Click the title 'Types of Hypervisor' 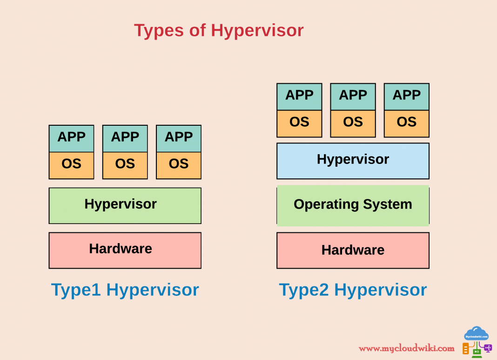tap(219, 30)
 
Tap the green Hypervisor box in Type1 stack tap(125, 205)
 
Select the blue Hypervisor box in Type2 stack tap(353, 161)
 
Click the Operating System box tap(353, 205)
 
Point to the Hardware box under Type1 tap(125, 250)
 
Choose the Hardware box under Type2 tap(353, 250)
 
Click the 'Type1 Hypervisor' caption tap(125, 290)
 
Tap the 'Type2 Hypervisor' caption tap(353, 290)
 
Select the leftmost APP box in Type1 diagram tap(71, 138)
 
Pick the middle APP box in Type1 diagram tap(125, 138)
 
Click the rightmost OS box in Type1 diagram tap(179, 165)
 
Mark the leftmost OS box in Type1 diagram tap(71, 165)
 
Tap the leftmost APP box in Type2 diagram tap(299, 96)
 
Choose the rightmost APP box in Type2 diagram tap(406, 96)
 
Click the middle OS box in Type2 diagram tap(353, 123)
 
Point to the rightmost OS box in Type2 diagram tap(406, 123)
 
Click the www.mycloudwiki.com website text tap(406, 348)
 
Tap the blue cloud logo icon tap(476, 334)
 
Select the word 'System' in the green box tap(388, 204)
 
